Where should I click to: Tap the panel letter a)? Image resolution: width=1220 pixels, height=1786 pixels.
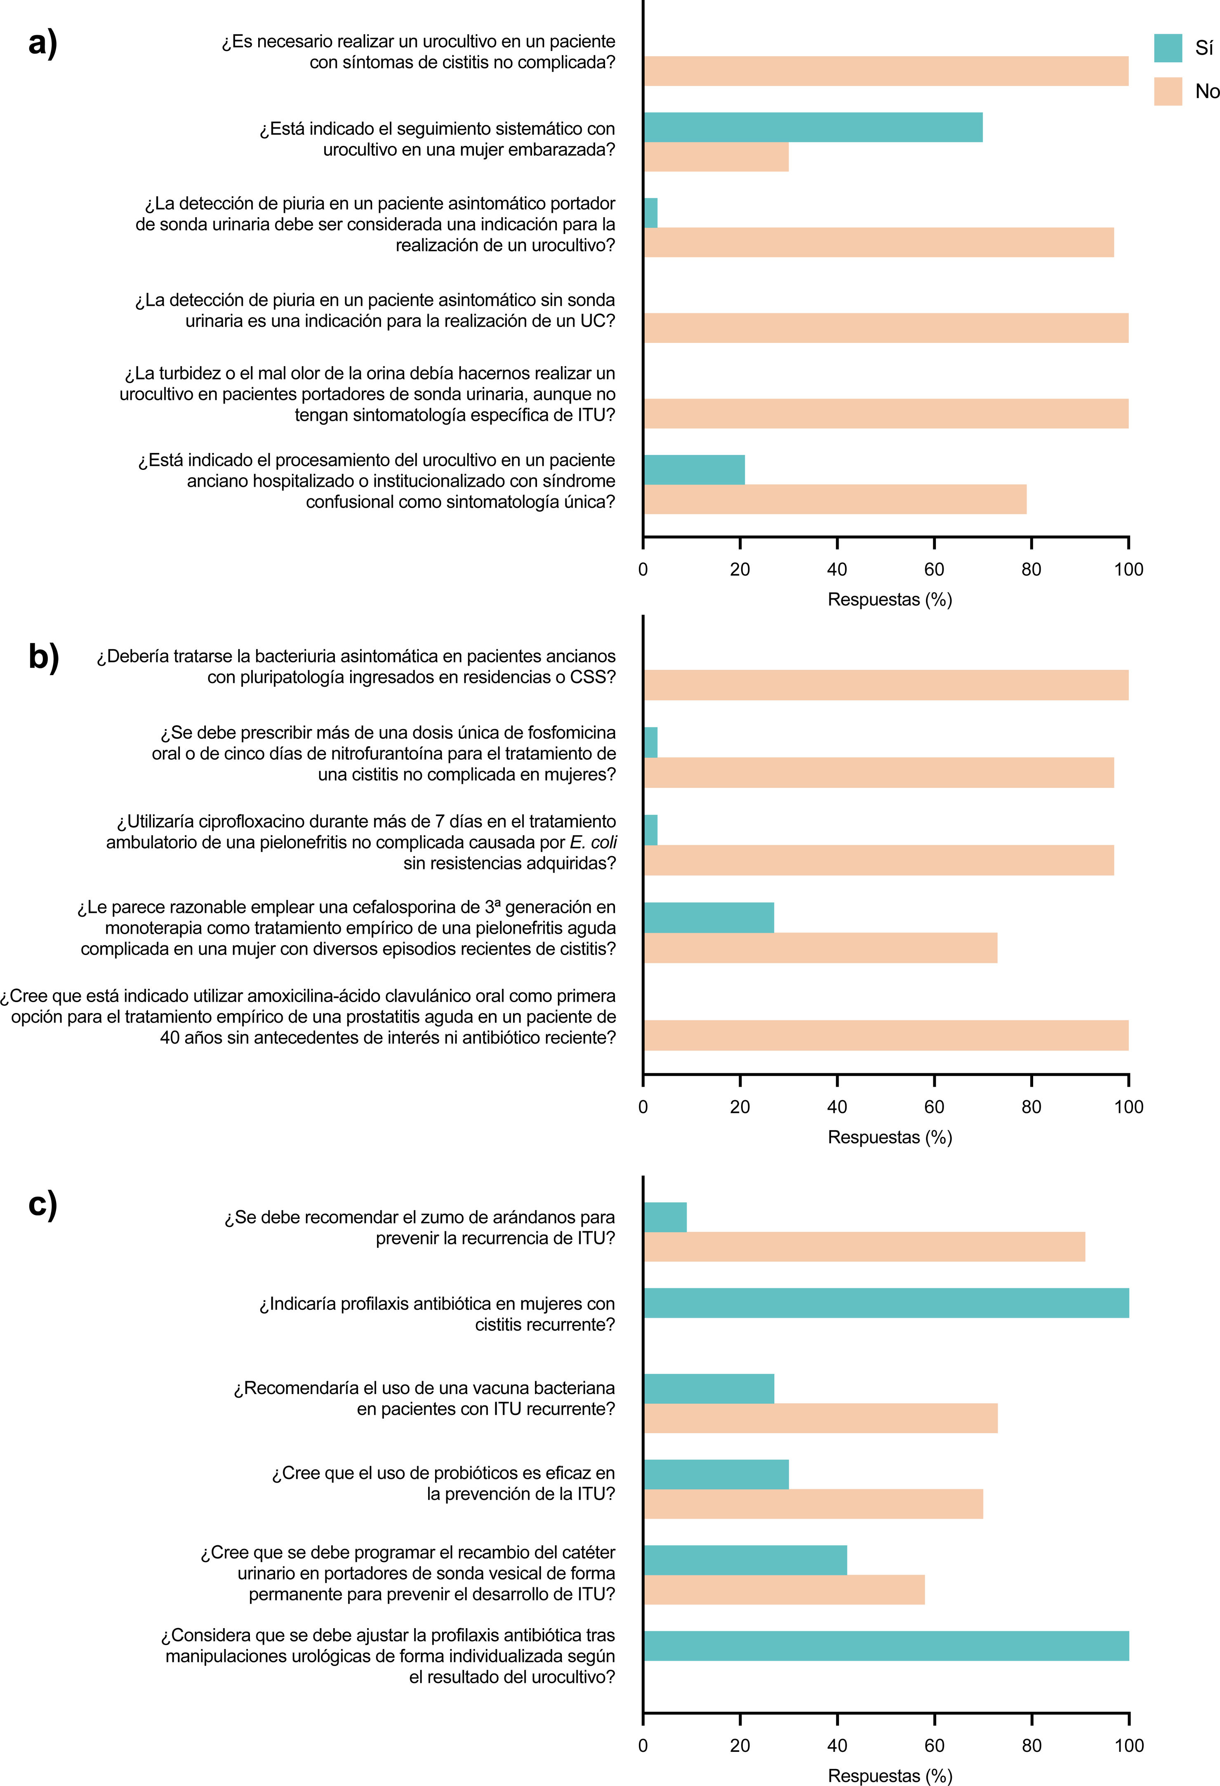[x=43, y=43]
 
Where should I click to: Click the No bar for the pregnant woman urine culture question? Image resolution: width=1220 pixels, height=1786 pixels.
[x=716, y=157]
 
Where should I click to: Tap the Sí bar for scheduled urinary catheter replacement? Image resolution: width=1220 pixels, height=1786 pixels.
[x=745, y=1560]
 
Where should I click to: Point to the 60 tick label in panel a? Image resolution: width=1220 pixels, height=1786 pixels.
[x=934, y=570]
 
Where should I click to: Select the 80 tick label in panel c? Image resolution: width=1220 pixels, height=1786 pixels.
[x=1032, y=1745]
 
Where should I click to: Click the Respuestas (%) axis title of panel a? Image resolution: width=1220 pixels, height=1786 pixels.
[x=890, y=599]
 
